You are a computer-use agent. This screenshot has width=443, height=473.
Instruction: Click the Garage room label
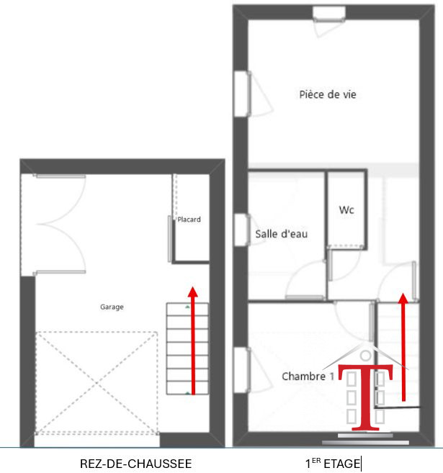112,307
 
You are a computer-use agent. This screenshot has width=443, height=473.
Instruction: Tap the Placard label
189,220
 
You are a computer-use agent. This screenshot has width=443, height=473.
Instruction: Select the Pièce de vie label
328,94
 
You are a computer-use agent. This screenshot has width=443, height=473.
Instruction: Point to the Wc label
346,210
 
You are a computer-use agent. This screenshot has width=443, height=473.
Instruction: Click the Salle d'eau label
281,234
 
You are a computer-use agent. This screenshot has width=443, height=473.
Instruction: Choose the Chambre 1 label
308,376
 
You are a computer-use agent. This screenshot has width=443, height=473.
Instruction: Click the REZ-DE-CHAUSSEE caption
136,464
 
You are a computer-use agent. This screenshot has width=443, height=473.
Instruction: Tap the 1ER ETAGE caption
334,464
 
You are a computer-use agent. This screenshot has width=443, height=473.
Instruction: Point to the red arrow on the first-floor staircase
403,347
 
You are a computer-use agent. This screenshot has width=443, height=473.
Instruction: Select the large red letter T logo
365,397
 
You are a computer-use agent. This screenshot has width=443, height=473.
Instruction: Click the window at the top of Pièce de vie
328,14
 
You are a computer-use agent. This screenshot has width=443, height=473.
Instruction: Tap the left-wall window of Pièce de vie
242,94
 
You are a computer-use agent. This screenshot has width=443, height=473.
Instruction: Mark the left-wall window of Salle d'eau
242,230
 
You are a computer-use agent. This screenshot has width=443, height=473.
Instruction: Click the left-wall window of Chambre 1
242,370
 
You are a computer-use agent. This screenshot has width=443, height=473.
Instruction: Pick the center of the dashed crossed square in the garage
97,383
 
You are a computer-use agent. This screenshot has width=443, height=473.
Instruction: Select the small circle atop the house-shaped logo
366,356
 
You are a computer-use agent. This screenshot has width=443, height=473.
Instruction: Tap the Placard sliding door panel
170,238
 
